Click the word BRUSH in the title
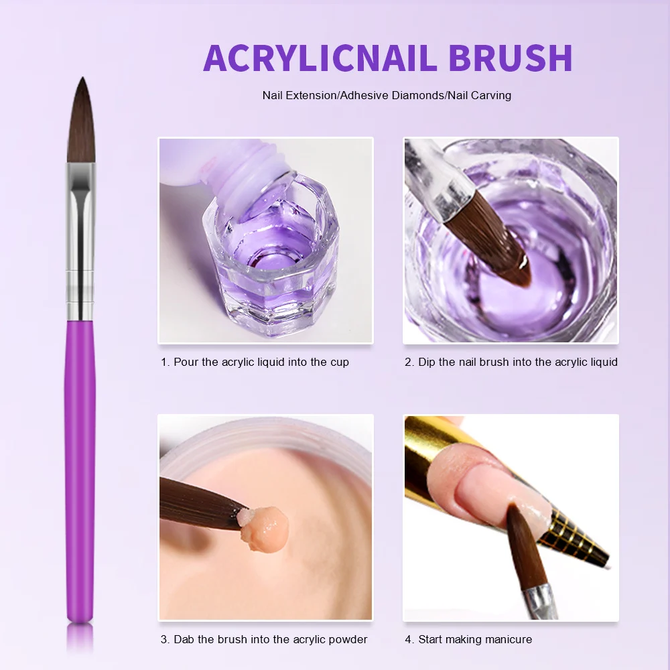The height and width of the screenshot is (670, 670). (x=511, y=58)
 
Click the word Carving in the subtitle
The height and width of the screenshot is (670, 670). (x=490, y=95)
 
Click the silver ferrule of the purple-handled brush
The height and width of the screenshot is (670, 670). (x=80, y=241)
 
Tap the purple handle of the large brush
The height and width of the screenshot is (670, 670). (x=80, y=469)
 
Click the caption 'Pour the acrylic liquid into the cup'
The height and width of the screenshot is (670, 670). (x=255, y=362)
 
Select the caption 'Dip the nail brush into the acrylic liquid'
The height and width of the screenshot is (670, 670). (x=511, y=362)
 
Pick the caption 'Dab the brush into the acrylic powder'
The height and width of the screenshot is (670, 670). (x=264, y=639)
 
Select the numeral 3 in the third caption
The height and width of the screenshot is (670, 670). (x=164, y=639)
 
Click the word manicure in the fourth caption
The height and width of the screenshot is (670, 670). (x=509, y=639)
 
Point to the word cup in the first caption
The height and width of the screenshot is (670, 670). (x=339, y=362)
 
